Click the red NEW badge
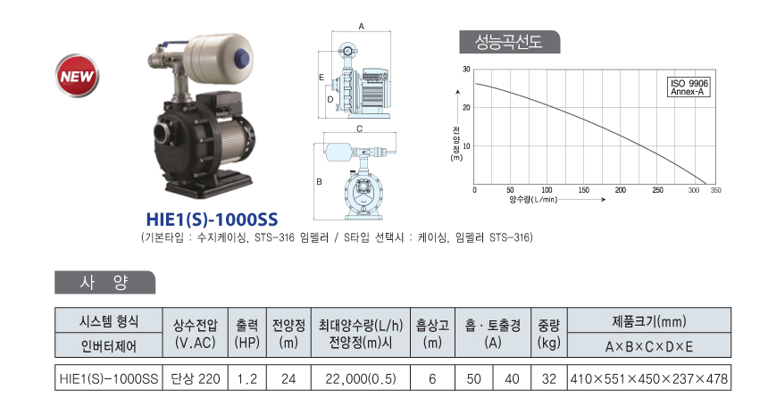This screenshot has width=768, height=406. click(77, 76)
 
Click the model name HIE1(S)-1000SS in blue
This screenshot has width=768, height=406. click(212, 220)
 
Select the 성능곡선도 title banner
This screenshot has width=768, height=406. click(509, 42)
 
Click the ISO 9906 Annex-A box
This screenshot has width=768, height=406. click(689, 87)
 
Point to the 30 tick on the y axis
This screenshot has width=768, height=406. click(466, 70)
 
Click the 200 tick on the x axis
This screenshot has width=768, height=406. click(620, 190)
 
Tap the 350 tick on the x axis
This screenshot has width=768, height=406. click(715, 190)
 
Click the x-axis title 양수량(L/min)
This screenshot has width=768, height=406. click(533, 200)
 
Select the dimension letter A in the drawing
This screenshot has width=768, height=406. click(361, 27)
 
